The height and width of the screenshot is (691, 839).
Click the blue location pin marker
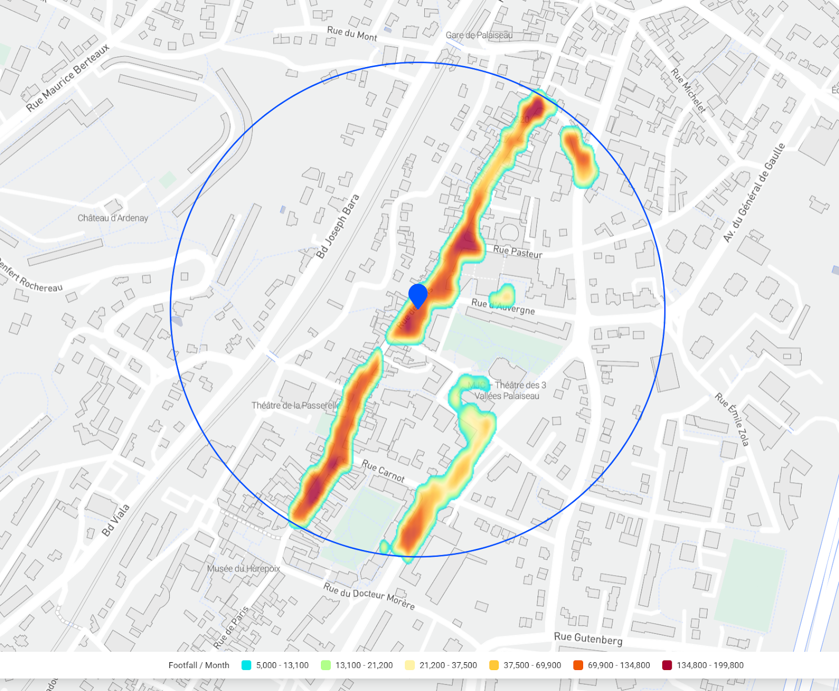point(418,295)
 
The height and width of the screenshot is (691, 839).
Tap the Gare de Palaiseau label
point(479,35)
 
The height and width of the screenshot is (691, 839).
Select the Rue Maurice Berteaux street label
point(68,78)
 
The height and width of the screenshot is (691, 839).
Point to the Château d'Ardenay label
point(113,218)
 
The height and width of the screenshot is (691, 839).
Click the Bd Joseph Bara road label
point(338,226)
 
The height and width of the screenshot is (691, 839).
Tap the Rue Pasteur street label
point(518,252)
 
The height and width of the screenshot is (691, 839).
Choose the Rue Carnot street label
point(383,471)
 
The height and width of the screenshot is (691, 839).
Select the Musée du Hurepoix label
point(243,568)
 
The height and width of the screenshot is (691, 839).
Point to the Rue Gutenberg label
point(588,638)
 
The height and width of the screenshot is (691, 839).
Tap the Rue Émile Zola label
point(732,419)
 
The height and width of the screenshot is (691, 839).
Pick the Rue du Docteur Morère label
point(369,596)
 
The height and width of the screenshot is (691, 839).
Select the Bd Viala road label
point(115,520)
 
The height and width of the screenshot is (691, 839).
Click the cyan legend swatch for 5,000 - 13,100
point(246,665)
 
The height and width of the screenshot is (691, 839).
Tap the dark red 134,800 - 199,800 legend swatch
point(667,665)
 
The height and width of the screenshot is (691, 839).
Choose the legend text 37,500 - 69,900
point(532,665)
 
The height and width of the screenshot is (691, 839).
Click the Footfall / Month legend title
point(199,665)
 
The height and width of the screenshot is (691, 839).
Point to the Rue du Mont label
point(352,34)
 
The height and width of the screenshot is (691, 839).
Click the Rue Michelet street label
point(689,91)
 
